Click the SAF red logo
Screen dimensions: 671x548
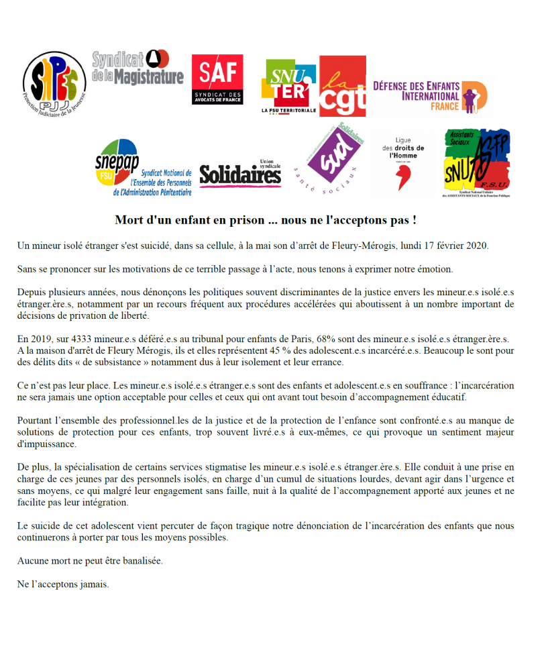point(217,79)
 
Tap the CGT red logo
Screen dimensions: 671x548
point(342,86)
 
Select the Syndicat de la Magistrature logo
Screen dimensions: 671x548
point(137,69)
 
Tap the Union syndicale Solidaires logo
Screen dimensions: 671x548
point(240,174)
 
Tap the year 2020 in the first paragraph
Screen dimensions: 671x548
point(476,246)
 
